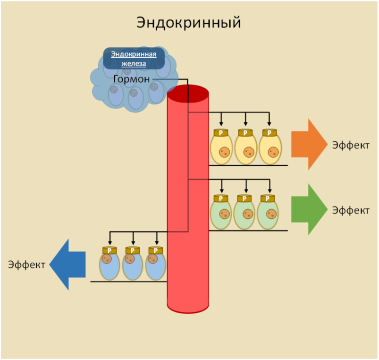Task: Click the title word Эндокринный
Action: (188, 23)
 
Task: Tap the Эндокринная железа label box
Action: (134, 59)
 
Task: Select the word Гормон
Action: (132, 79)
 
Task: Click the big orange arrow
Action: (310, 145)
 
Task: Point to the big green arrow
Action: (310, 209)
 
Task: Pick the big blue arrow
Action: (67, 265)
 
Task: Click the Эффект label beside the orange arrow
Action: (351, 145)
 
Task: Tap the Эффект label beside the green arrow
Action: (351, 210)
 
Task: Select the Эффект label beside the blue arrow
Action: (26, 265)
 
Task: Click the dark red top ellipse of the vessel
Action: (188, 94)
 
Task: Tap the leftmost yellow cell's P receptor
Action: (221, 133)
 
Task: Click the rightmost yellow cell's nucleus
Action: (273, 152)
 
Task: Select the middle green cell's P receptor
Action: (244, 198)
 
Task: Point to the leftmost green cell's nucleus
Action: (225, 214)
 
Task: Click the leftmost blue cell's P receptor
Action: (109, 250)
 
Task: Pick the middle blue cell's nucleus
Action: (130, 259)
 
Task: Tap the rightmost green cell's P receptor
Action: (268, 198)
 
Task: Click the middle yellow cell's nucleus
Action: (249, 152)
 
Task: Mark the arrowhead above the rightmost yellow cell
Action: (269, 124)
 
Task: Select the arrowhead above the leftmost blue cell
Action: (110, 243)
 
